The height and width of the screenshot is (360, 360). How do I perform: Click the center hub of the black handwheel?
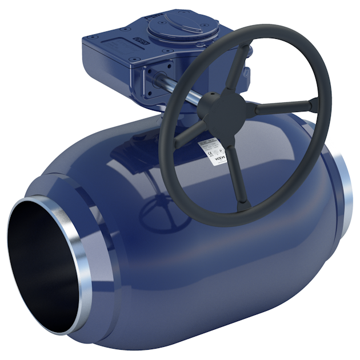click(239, 106)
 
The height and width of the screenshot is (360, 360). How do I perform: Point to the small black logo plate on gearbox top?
click(139, 42)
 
